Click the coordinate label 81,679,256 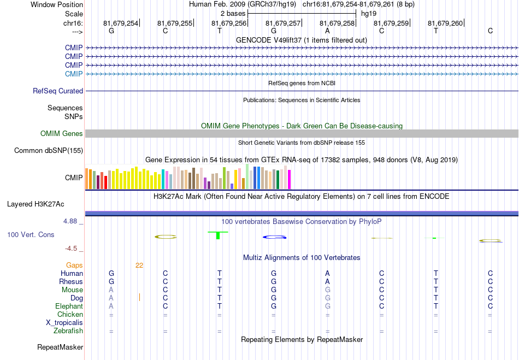(229, 23)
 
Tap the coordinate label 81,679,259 (391, 23)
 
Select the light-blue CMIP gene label (74, 74)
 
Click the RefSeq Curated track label (58, 91)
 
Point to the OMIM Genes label (62, 134)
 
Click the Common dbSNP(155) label (49, 151)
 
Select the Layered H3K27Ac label (36, 204)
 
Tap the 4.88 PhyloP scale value (70, 221)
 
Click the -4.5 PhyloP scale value (71, 249)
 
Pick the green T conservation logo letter (218, 235)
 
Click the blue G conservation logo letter (274, 237)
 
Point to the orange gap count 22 (139, 265)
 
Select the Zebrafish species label (68, 331)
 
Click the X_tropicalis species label (64, 323)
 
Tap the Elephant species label (69, 306)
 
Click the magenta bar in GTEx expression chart (290, 179)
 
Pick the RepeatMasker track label (60, 347)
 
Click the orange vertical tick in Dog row (140, 297)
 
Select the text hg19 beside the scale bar (369, 14)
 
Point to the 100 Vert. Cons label (31, 234)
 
